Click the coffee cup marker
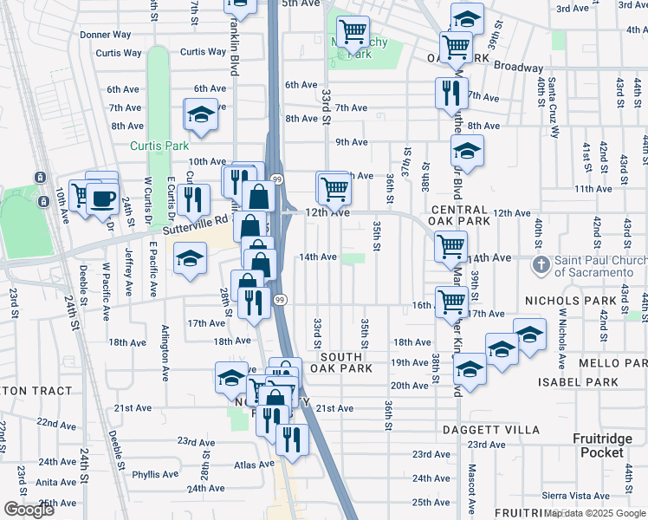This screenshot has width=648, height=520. click(x=102, y=198)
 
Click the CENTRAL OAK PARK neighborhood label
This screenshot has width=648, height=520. click(x=459, y=215)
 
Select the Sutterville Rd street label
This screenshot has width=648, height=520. click(x=196, y=228)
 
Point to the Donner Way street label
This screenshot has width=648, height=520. click(x=106, y=36)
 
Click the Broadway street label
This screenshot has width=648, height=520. click(x=518, y=68)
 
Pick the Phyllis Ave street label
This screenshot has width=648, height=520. click(x=155, y=475)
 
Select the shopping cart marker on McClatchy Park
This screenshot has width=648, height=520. click(x=352, y=33)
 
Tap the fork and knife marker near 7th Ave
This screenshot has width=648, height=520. click(x=450, y=93)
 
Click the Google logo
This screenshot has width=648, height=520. click(x=29, y=510)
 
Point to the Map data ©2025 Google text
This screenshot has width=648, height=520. click(x=594, y=513)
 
